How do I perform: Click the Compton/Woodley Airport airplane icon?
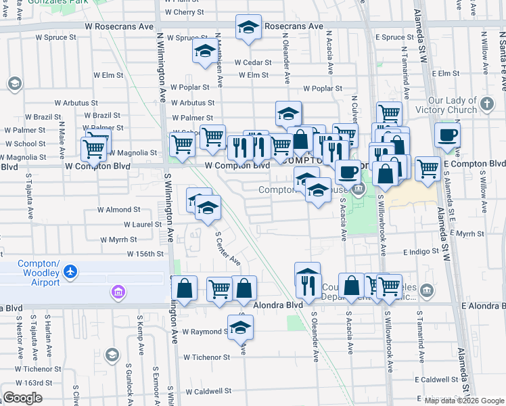70,272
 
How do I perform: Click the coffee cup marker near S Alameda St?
447,135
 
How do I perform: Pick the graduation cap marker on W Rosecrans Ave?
248,28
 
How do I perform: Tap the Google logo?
22,398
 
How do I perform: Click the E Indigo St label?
422,252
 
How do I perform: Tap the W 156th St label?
146,254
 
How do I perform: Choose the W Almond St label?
119,210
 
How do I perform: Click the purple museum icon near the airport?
118,292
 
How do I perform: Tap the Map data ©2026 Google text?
464,400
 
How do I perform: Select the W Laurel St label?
143,224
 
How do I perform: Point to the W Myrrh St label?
118,240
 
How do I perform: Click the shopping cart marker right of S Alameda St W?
427,168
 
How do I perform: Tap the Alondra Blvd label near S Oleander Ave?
278,305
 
